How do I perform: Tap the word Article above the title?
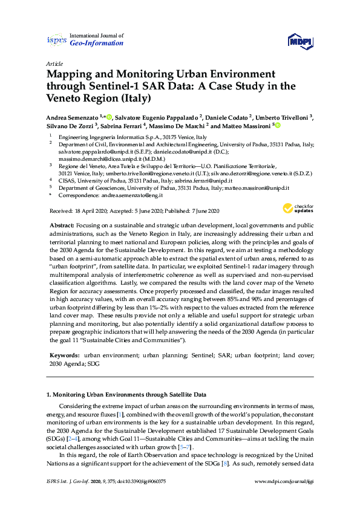tap(54, 63)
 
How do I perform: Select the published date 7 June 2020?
tap(200, 210)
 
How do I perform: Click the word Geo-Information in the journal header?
tap(97, 44)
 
